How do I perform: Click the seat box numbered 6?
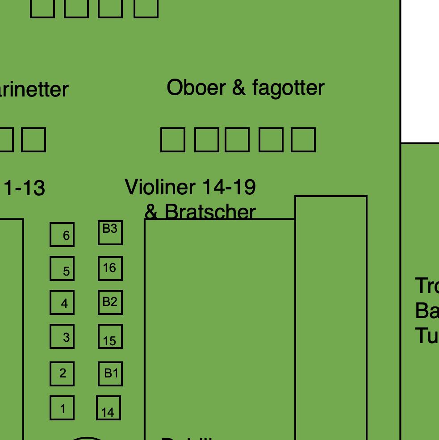coord(62,235)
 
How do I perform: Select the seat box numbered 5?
coord(62,268)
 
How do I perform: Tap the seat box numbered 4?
coord(62,302)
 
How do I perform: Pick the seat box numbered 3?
coord(62,336)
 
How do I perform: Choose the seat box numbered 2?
coord(62,373)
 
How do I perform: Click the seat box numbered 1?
coord(62,408)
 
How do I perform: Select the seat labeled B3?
coord(110,232)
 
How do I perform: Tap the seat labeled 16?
coord(110,268)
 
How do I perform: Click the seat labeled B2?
coord(110,302)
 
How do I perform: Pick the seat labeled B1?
coord(110,373)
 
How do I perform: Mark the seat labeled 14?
coord(109,408)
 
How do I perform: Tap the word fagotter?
coord(288,88)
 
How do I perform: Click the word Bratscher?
coord(210,211)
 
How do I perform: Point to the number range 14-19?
coord(229,187)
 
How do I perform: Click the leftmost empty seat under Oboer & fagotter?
coord(173,140)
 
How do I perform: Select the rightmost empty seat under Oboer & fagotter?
coord(304,140)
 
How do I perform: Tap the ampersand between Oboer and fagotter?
coord(239,88)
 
